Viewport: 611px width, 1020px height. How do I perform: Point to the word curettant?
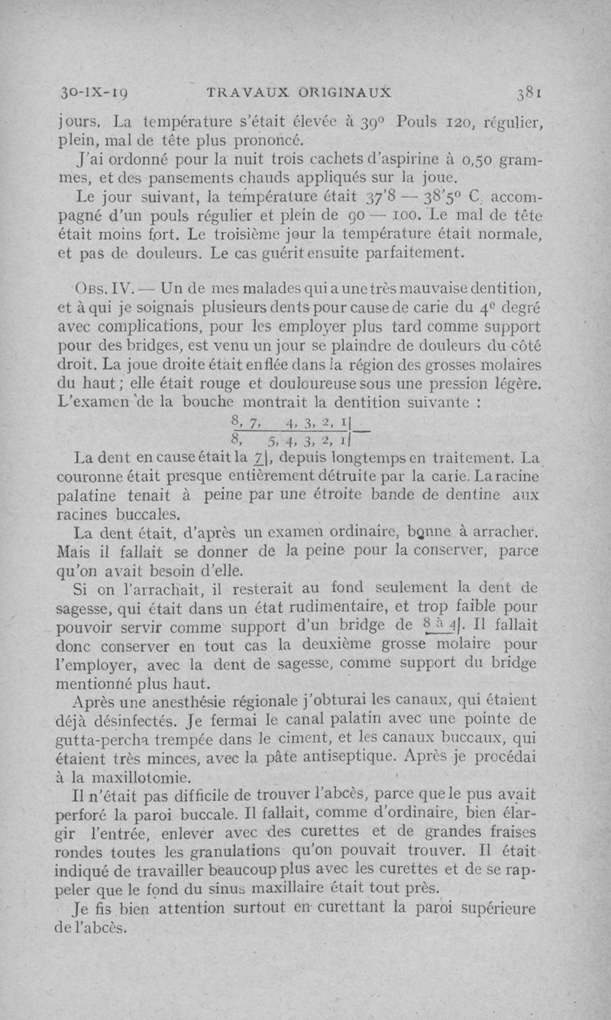tap(348, 909)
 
